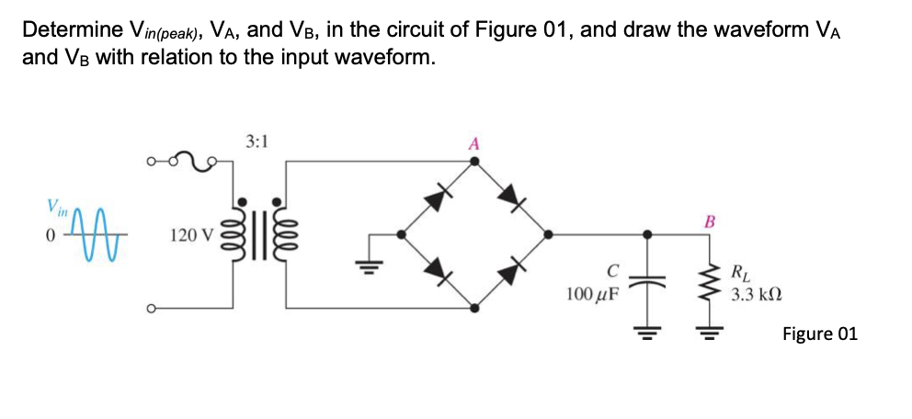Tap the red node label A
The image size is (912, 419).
click(x=473, y=143)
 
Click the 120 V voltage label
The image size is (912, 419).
click(x=191, y=236)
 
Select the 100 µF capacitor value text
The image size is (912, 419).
click(x=593, y=294)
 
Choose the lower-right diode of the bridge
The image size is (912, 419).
click(x=509, y=270)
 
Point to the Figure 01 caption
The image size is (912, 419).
click(x=819, y=334)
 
